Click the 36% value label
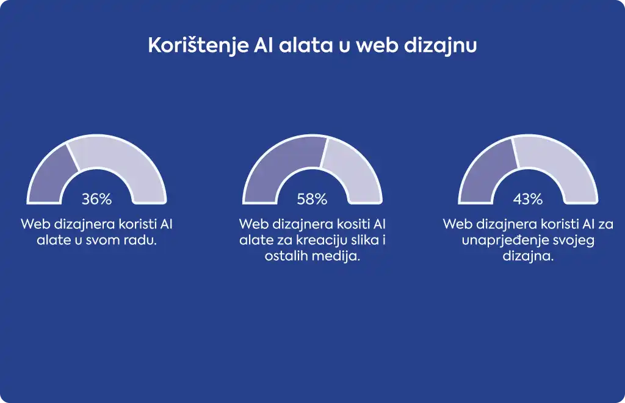pos(97,199)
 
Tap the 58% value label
pos(312,199)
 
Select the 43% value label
pos(528,199)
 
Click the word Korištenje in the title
pos(198,46)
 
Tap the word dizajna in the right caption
pos(528,256)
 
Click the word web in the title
pos(377,45)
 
